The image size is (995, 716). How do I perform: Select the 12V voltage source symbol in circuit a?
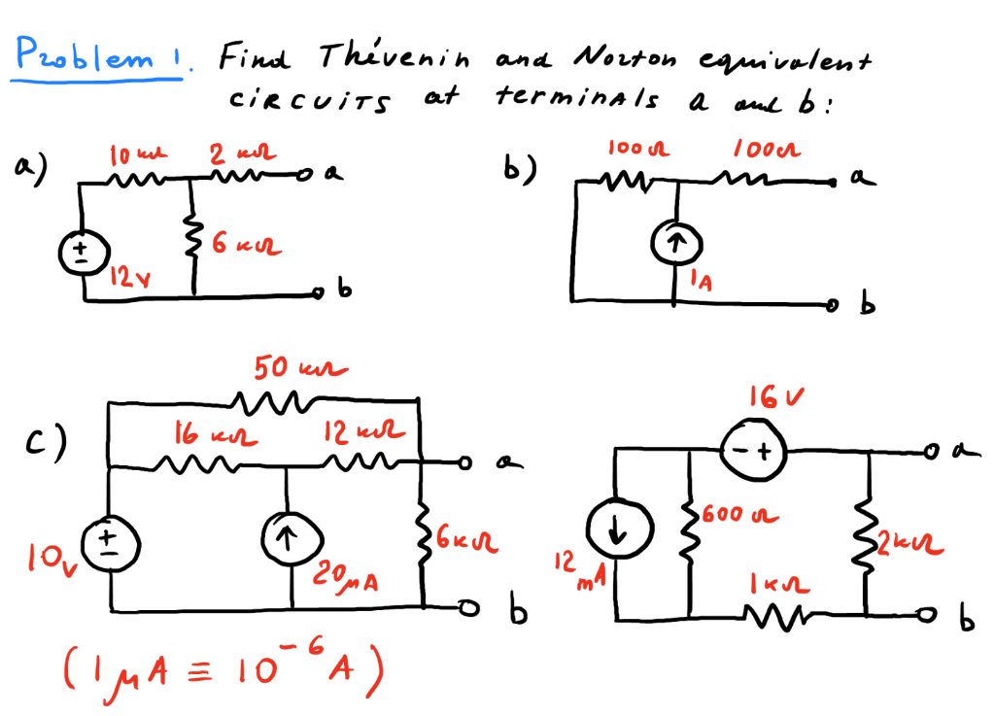click(77, 254)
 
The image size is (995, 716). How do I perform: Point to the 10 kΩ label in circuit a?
click(127, 153)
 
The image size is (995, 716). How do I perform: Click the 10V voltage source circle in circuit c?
click(109, 541)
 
